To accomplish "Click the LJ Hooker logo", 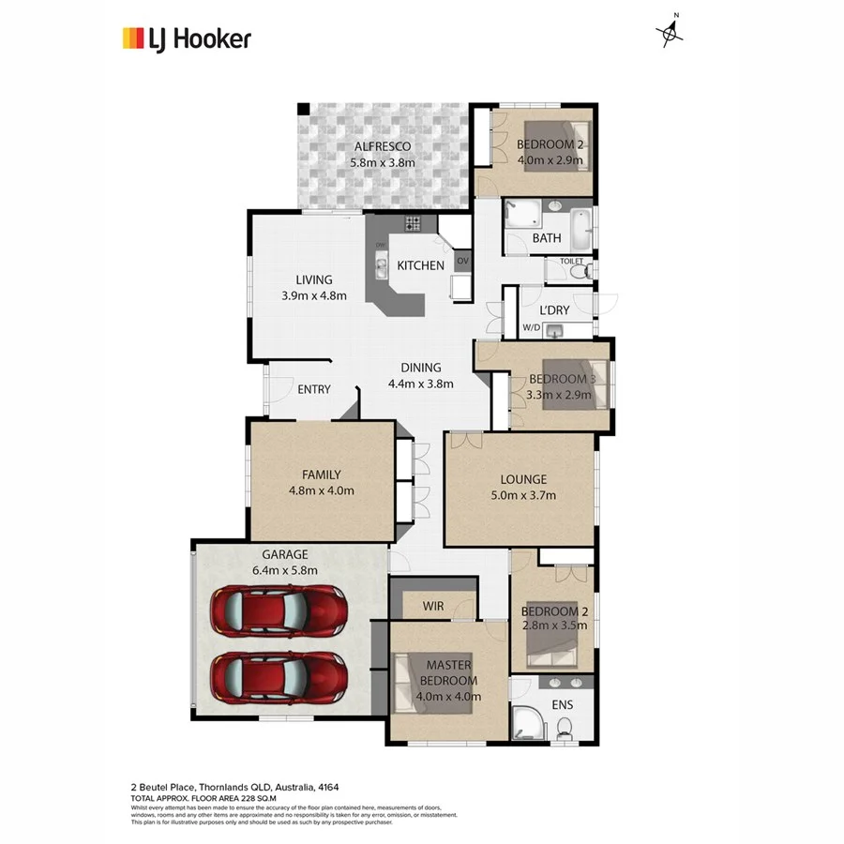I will (187, 38).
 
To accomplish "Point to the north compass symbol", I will (670, 32).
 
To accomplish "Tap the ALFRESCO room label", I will (382, 147).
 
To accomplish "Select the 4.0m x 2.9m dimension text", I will (550, 160).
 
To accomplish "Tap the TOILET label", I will (572, 261).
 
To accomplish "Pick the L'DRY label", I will (554, 309).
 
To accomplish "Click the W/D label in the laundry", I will (531, 327).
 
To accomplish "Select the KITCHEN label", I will (420, 265).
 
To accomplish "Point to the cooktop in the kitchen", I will (414, 223).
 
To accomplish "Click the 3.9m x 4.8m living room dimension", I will (314, 295).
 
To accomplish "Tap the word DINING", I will (421, 368).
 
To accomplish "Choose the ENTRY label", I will (313, 389).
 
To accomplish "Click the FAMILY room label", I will (321, 475).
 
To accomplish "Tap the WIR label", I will (432, 607).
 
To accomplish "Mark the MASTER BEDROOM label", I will (448, 672).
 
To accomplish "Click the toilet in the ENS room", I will (565, 727).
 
